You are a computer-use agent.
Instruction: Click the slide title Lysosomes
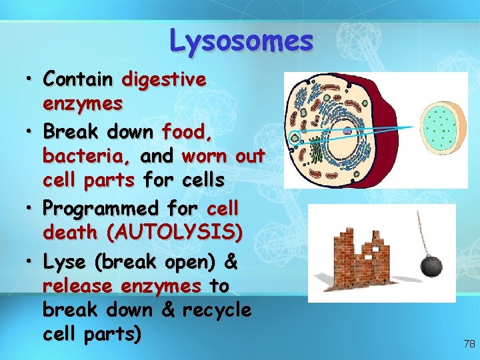click(x=241, y=40)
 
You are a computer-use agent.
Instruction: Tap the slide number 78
click(x=469, y=344)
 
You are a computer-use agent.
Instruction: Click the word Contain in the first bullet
click(x=77, y=79)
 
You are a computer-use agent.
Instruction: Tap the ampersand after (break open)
click(x=231, y=262)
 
